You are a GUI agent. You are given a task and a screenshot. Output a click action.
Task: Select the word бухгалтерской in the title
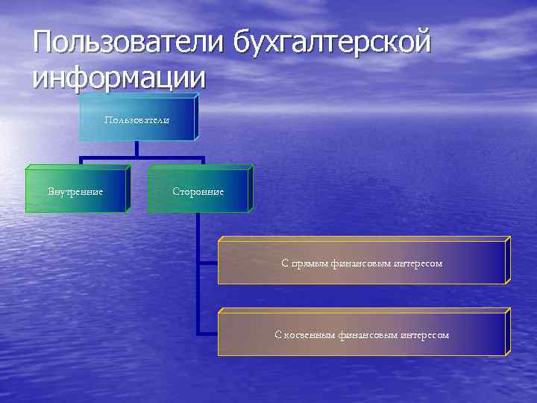click(332, 42)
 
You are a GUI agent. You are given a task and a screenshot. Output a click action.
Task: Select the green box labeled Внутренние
click(75, 192)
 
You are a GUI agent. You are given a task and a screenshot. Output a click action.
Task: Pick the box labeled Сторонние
click(198, 192)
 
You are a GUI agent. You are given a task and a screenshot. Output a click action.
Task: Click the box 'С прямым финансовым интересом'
click(361, 263)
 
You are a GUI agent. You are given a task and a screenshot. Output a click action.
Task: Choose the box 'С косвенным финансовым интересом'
click(361, 334)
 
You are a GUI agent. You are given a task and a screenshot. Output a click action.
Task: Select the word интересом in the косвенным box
click(424, 335)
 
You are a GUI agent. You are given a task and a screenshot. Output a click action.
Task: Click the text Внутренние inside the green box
click(75, 192)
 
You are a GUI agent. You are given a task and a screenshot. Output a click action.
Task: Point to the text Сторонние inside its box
click(198, 192)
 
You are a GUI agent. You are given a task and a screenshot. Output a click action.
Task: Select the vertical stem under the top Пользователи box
click(136, 149)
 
